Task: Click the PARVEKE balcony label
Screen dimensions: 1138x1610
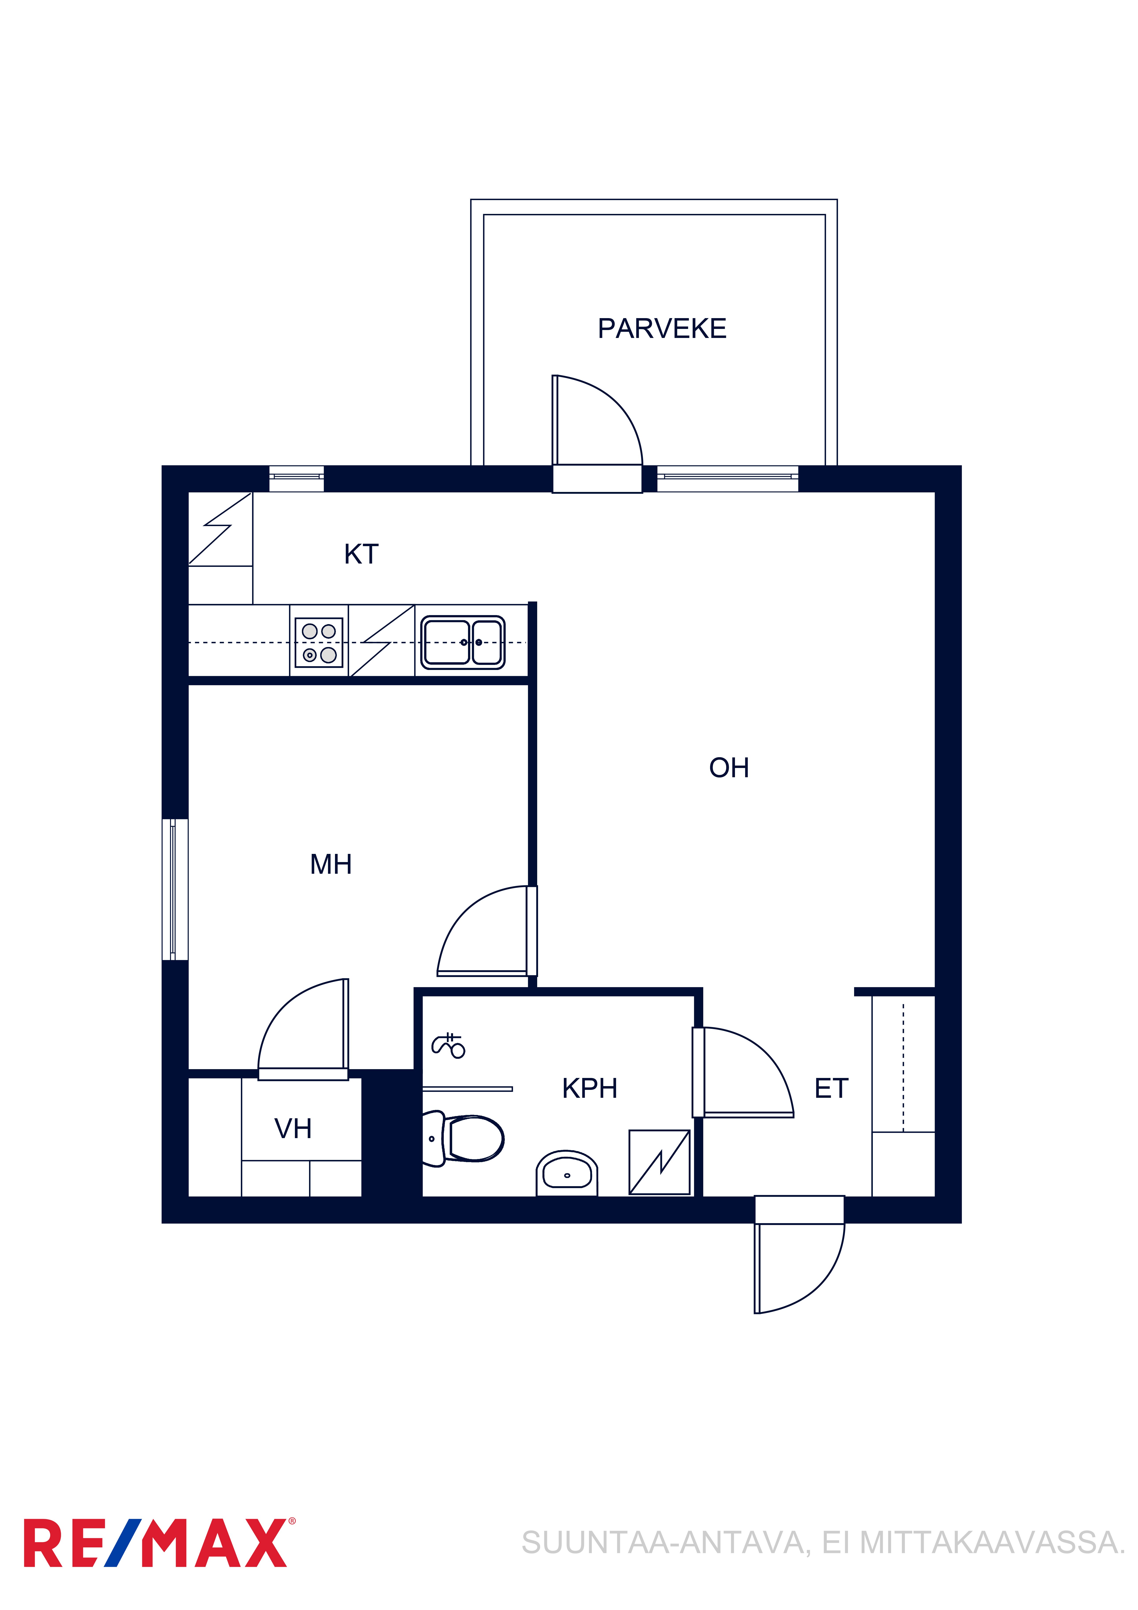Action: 662,328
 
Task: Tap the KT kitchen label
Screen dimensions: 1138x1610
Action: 361,554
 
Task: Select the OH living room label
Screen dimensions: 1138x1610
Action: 729,768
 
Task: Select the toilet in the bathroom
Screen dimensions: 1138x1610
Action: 463,1139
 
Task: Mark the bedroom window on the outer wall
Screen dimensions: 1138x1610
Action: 175,889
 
